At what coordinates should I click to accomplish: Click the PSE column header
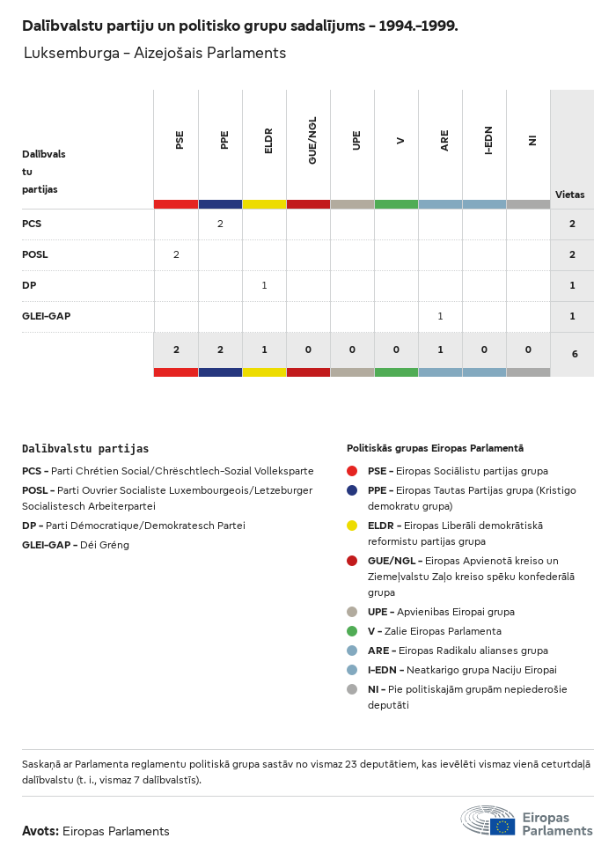tap(180, 140)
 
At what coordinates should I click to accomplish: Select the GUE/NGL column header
tap(312, 140)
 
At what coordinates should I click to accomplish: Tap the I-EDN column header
tap(488, 140)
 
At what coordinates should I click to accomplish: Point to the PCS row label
tap(32, 224)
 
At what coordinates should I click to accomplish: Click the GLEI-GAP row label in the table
tap(46, 316)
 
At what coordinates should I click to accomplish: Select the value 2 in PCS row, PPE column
tap(220, 224)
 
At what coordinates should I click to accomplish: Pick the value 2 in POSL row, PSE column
tap(176, 254)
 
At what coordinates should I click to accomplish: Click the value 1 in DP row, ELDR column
tap(264, 285)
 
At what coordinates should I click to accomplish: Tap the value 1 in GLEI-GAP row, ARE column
tap(440, 316)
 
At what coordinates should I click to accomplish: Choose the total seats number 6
tap(574, 354)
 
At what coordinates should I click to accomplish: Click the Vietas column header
tap(569, 195)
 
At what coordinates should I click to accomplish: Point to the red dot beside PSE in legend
tap(352, 471)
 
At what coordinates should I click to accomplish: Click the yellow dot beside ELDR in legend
tap(352, 526)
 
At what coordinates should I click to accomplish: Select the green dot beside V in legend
tap(352, 631)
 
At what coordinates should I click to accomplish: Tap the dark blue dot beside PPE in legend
tap(352, 490)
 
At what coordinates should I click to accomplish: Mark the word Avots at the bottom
tap(40, 831)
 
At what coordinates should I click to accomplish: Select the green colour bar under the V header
tap(396, 204)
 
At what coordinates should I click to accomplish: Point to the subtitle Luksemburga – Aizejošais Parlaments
tap(155, 53)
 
